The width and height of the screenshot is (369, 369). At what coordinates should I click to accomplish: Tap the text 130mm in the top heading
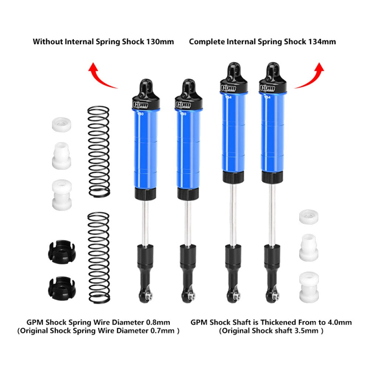pos(159,42)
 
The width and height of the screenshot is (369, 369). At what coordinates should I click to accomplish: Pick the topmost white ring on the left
pos(61,124)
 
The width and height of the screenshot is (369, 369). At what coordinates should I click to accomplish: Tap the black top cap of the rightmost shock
pos(273,81)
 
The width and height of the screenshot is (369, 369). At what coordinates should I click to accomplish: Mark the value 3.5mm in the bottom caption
pos(307,331)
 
